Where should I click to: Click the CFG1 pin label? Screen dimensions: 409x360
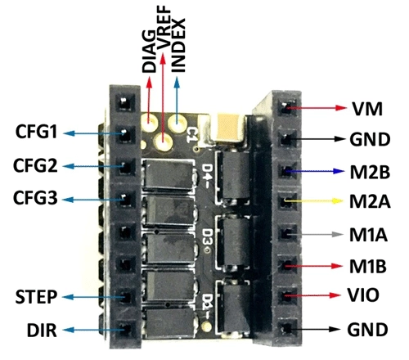[37, 132]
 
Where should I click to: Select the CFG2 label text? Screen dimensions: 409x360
[35, 165]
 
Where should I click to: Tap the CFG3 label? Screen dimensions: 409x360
[35, 198]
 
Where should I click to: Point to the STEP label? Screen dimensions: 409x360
[36, 297]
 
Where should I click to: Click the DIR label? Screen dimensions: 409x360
[42, 330]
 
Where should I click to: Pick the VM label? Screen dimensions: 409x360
[367, 109]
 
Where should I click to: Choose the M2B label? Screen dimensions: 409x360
[370, 172]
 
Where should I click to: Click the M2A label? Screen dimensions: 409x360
[370, 201]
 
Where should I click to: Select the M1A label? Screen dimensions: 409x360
[368, 234]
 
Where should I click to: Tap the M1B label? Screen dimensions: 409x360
[368, 266]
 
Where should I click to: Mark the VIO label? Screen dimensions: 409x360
[363, 295]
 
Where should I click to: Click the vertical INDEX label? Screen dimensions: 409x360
[178, 45]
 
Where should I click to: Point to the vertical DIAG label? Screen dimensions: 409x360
[150, 52]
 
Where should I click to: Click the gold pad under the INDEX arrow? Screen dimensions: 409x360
[177, 123]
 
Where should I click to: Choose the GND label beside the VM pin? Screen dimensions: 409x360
[370, 139]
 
